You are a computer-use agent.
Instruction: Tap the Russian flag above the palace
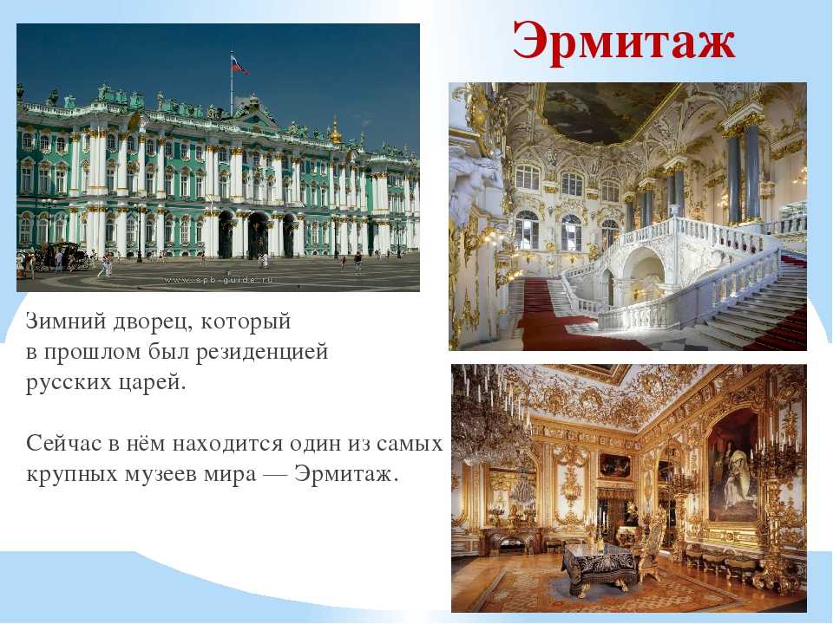point(239,65)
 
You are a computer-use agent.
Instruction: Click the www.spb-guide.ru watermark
point(219,280)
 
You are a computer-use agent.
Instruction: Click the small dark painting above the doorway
point(614,466)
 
